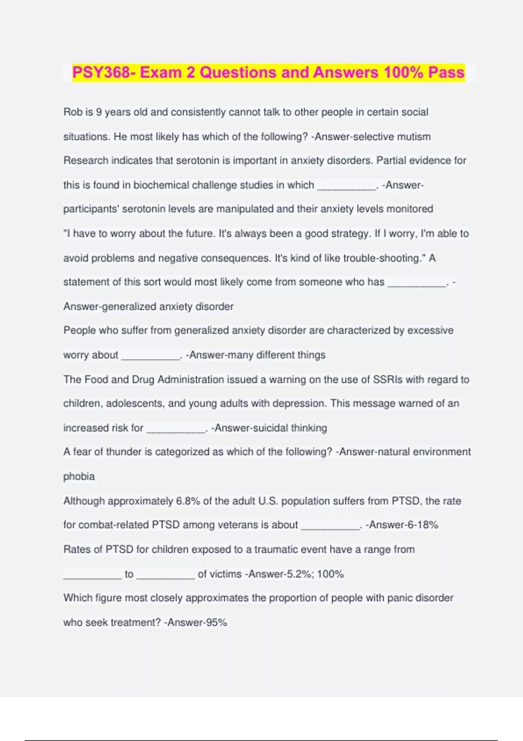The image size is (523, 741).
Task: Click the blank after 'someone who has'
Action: pyautogui.click(x=417, y=284)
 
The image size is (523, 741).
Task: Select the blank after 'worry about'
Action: pyautogui.click(x=150, y=357)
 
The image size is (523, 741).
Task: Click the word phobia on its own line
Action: pyautogui.click(x=79, y=476)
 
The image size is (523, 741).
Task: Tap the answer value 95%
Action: pyautogui.click(x=216, y=622)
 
